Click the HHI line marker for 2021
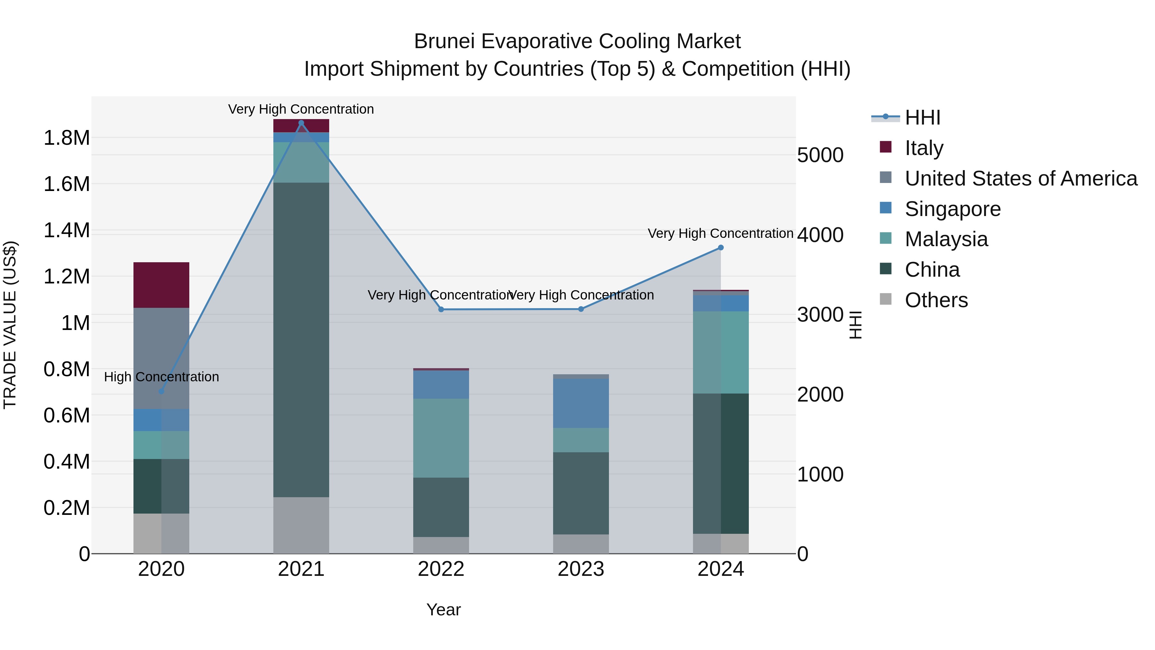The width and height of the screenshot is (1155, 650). pos(301,123)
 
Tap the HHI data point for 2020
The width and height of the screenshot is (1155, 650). pos(161,391)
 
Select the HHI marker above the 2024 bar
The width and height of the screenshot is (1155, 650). pos(721,247)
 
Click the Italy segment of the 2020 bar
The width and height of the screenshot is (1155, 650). pos(161,285)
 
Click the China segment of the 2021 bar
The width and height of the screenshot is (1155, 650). pos(301,340)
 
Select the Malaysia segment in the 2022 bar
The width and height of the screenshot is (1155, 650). pos(441,438)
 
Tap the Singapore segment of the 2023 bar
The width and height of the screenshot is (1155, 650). pos(581,403)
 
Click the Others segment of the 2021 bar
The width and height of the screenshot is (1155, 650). pos(301,525)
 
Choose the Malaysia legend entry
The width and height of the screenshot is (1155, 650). pos(946,239)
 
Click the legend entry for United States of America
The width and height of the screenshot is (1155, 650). pos(1021,178)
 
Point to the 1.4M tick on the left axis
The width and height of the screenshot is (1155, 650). pos(66,230)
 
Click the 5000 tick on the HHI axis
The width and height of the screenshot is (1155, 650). pos(820,155)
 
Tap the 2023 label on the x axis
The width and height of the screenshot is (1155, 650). pos(581,569)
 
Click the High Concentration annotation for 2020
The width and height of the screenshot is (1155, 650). pos(161,377)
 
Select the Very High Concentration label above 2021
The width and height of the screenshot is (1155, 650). pos(301,109)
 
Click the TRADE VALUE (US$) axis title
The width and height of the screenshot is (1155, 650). pos(10,325)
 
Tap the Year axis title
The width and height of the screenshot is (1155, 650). pos(443,610)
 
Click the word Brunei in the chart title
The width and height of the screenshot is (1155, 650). pos(444,41)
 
